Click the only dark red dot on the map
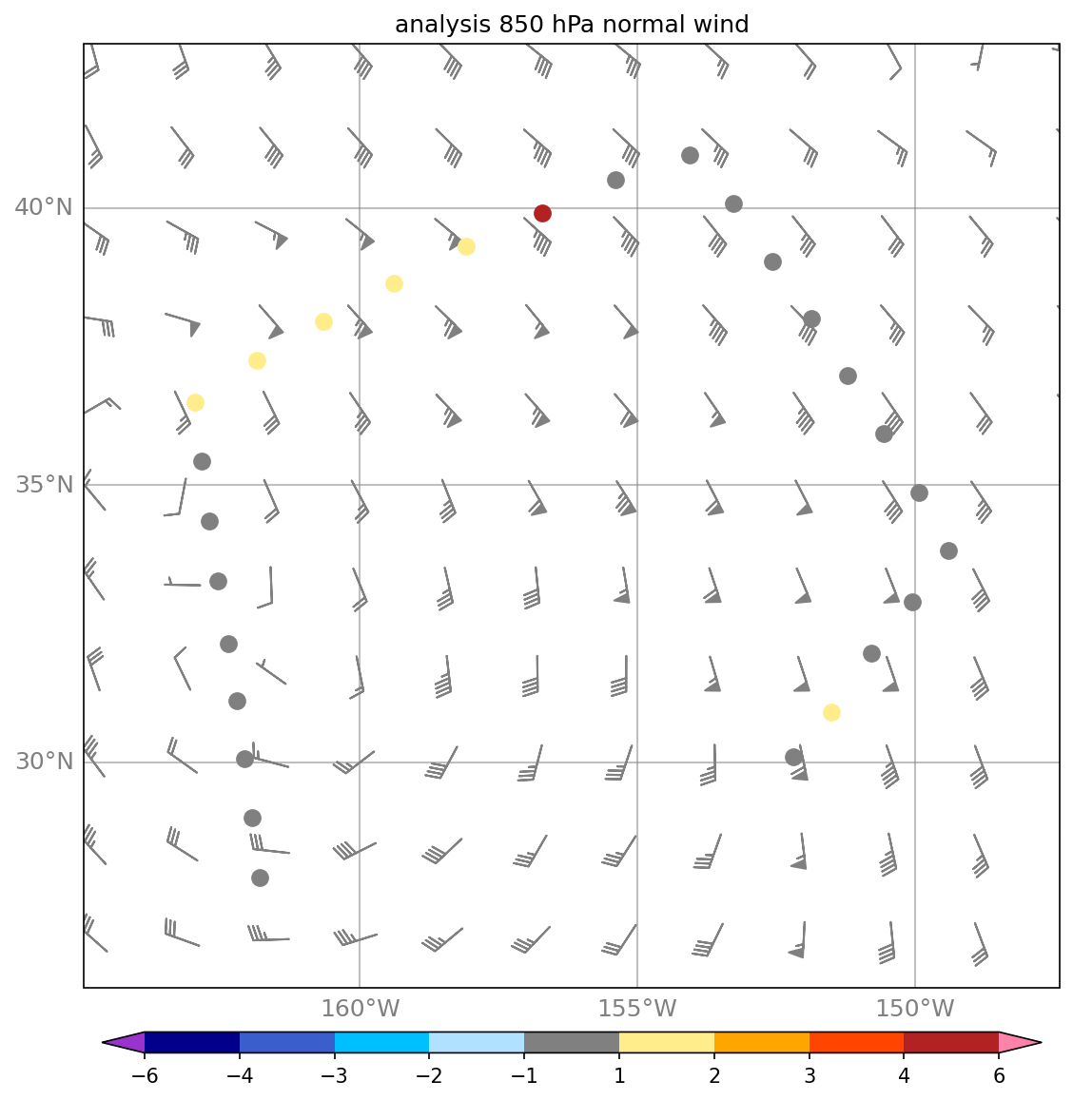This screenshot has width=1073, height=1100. pyautogui.click(x=542, y=213)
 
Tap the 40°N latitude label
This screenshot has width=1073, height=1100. pyautogui.click(x=44, y=207)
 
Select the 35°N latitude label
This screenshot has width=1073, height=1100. pyautogui.click(x=44, y=485)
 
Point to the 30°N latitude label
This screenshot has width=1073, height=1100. pyautogui.click(x=44, y=762)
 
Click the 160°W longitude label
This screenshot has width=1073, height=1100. pyautogui.click(x=360, y=1009)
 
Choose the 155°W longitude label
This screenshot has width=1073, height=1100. pyautogui.click(x=637, y=1009)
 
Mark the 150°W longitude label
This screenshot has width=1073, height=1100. pyautogui.click(x=915, y=1009)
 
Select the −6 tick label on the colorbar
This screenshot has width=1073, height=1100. pyautogui.click(x=145, y=1076)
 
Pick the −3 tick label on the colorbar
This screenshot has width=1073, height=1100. pyautogui.click(x=334, y=1076)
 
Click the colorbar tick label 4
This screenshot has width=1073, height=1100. pyautogui.click(x=904, y=1076)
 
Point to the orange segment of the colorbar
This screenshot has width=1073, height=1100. pyautogui.click(x=761, y=1043)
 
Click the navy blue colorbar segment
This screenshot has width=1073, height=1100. pyautogui.click(x=192, y=1043)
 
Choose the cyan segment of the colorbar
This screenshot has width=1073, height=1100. pyautogui.click(x=381, y=1043)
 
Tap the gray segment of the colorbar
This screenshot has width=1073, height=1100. pyautogui.click(x=571, y=1043)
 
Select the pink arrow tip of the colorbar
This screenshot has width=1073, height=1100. pyautogui.click(x=1020, y=1043)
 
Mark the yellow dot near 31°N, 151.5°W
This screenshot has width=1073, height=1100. pyautogui.click(x=831, y=712)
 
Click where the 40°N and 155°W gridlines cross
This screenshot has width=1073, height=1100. pyautogui.click(x=637, y=207)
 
